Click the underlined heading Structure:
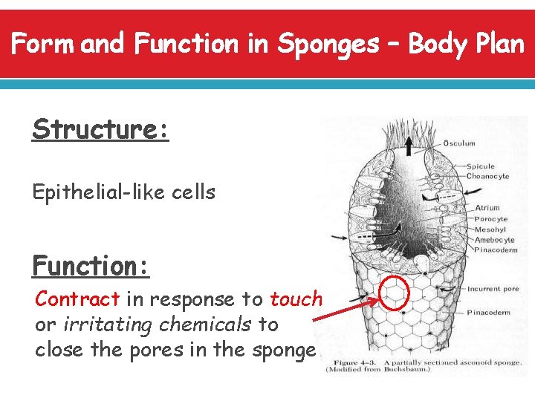click(x=100, y=129)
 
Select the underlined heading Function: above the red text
click(x=91, y=265)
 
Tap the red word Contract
click(x=77, y=299)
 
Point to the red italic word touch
click(x=296, y=299)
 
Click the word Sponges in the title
click(x=327, y=45)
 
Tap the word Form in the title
click(x=43, y=45)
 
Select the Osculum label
click(x=458, y=143)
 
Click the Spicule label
click(x=481, y=166)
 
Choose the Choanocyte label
click(x=487, y=176)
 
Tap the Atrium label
click(x=487, y=208)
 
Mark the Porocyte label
click(x=490, y=219)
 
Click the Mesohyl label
click(x=490, y=229)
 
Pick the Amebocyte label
click(x=494, y=241)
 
